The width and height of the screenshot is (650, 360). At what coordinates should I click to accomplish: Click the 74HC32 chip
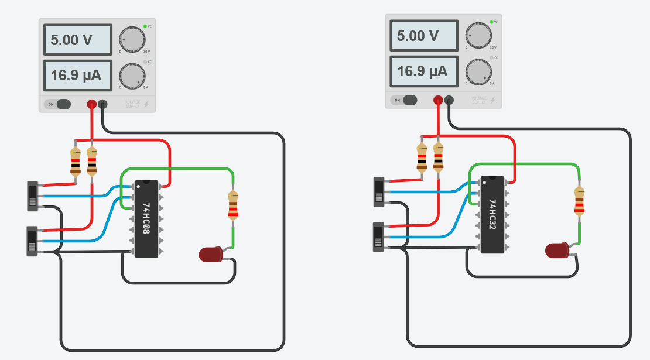click(x=492, y=214)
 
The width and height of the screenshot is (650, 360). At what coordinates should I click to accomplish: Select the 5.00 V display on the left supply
click(x=77, y=40)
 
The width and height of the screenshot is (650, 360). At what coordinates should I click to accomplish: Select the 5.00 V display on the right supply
click(x=423, y=36)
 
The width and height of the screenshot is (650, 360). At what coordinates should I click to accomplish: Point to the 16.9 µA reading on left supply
click(x=77, y=75)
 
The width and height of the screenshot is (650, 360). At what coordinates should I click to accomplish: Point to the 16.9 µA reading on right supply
click(x=423, y=71)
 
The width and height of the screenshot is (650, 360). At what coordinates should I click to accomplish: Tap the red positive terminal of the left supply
click(x=92, y=104)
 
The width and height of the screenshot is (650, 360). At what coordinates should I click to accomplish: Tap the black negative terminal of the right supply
click(x=449, y=100)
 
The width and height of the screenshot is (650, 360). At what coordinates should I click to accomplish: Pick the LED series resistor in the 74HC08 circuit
click(x=233, y=205)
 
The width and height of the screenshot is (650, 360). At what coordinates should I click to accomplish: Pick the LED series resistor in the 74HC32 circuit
click(x=579, y=201)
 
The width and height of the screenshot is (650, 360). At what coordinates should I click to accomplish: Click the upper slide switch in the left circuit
click(x=32, y=196)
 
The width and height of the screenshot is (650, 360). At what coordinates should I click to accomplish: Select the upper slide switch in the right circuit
click(x=379, y=191)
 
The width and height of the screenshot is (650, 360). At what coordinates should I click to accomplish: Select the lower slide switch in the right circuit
click(x=379, y=236)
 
